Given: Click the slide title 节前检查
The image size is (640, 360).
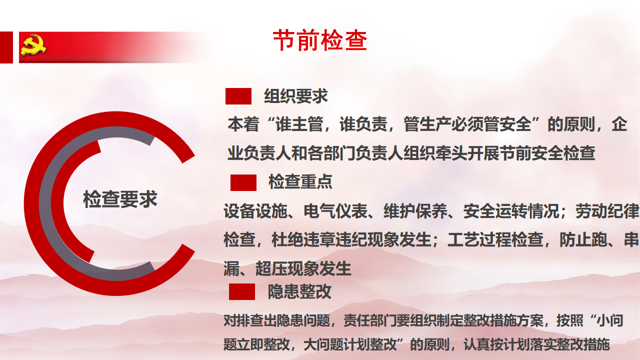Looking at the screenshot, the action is point(320,40).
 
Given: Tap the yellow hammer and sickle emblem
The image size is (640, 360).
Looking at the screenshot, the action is point(33,45).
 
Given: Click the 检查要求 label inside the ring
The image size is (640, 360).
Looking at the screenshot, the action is point(120,199).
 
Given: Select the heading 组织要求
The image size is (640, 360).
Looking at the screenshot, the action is point(295,96).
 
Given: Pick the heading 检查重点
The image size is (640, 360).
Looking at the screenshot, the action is point(300,181).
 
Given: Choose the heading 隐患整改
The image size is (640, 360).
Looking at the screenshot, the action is point(299,291).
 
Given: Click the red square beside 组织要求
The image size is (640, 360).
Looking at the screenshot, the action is point(238,96).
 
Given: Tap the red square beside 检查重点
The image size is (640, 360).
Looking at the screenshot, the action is point(243,183).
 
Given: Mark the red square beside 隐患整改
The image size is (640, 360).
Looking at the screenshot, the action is point(241,291).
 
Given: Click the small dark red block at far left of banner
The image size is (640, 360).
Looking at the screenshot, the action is point(6,47).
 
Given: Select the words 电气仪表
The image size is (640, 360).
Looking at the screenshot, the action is point(335,211).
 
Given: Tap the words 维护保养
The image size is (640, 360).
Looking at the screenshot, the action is point(415,211).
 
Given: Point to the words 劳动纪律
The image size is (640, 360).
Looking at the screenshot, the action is point(607,211).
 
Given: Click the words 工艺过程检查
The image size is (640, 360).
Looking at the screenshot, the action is point(495,239).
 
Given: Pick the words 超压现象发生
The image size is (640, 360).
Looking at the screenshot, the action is point(303,268).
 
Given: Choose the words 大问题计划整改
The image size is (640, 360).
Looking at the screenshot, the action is point(350,344).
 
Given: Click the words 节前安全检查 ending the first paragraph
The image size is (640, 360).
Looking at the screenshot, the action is point(547,153).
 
